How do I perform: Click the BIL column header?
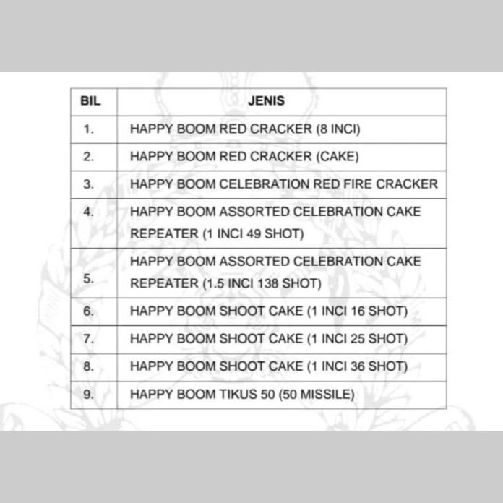pos(90,100)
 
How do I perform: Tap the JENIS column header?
pos(266,100)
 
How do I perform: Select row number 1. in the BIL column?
pos(89,129)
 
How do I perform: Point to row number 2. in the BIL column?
pos(89,157)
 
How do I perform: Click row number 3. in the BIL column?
pos(89,184)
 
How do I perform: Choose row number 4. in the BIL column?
pos(89,212)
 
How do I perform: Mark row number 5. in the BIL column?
pos(89,278)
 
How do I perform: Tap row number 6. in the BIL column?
pos(89,311)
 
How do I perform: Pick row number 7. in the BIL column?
pos(89,339)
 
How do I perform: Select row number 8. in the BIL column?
pos(89,366)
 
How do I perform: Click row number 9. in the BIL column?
pos(89,395)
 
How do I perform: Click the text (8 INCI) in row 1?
pos(338,129)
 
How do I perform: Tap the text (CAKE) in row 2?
pos(338,157)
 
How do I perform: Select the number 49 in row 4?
pos(254,234)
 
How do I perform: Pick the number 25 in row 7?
pos(358,339)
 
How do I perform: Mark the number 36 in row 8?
pos(358,366)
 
